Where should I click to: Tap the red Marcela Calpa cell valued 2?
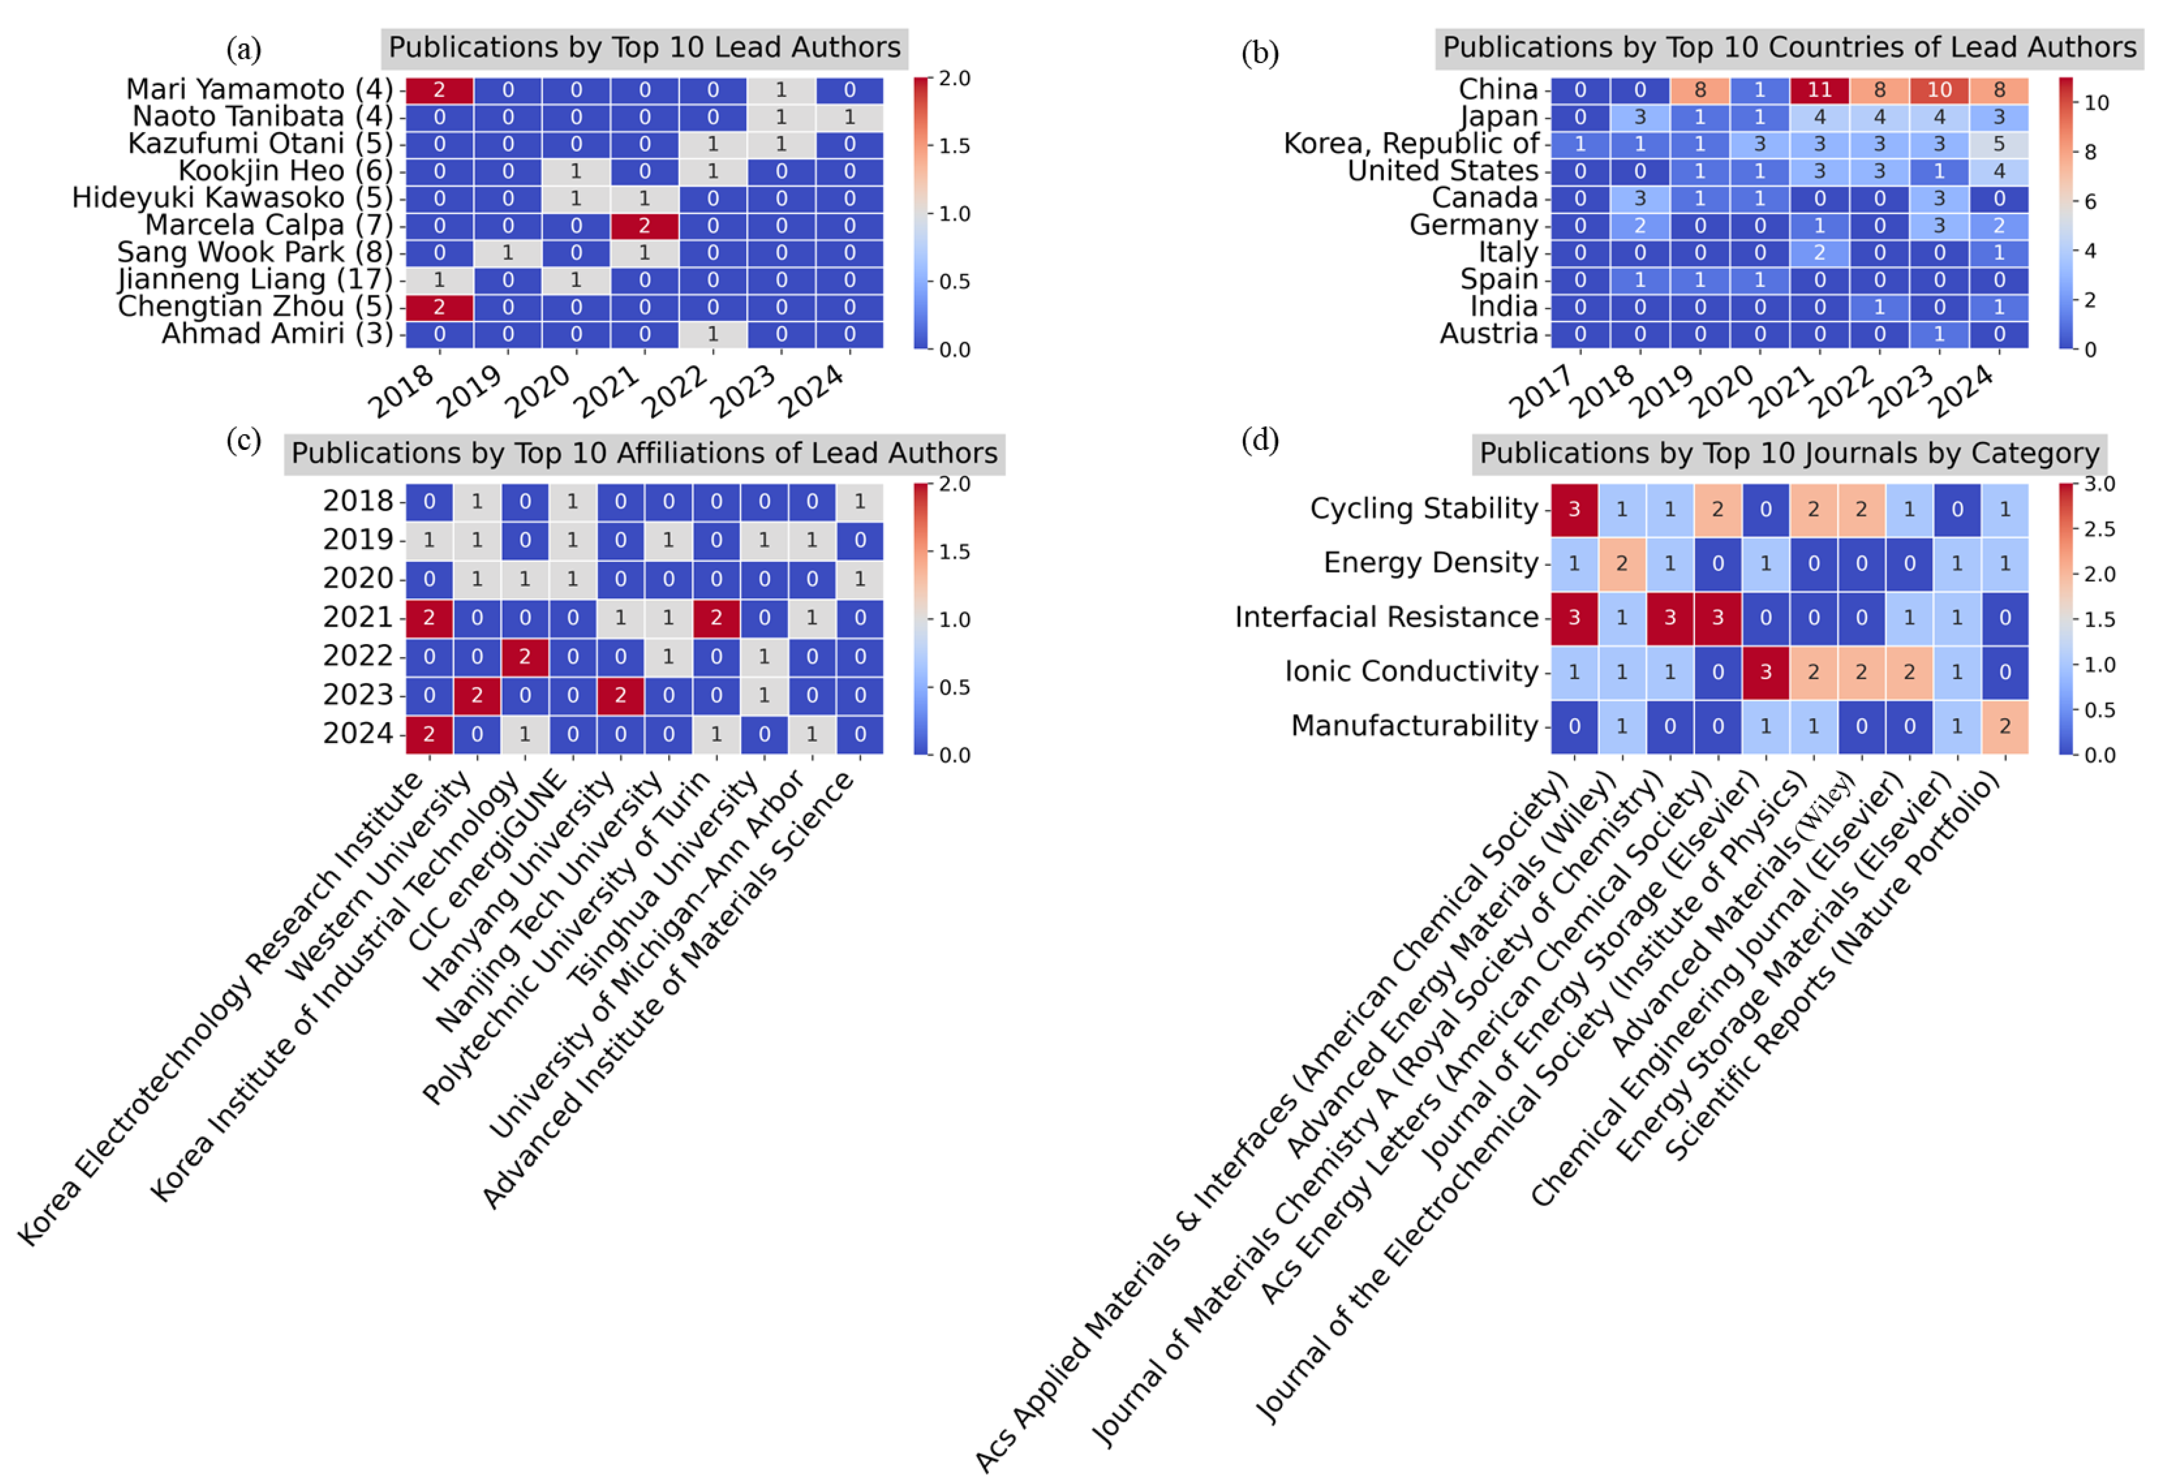[x=644, y=225]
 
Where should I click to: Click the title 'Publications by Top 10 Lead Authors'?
[x=644, y=47]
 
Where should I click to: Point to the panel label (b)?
[x=1259, y=53]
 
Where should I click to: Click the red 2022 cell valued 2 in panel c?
[x=524, y=656]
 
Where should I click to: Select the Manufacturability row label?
[x=1414, y=726]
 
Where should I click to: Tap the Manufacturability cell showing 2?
[x=2005, y=726]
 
